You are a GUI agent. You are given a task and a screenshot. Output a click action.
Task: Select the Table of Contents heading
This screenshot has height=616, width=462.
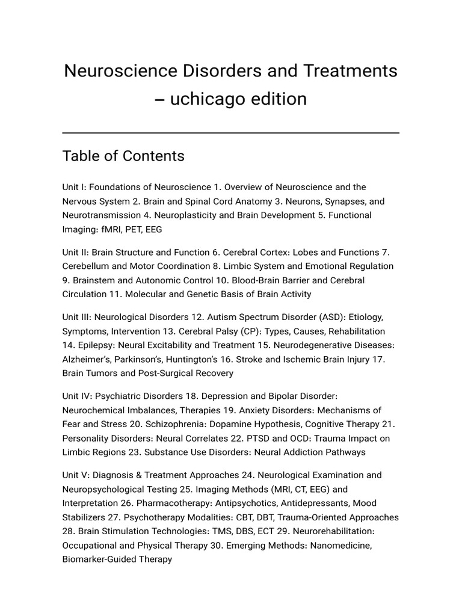pyautogui.click(x=123, y=156)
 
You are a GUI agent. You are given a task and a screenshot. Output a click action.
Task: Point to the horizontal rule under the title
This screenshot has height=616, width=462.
pyautogui.click(x=231, y=132)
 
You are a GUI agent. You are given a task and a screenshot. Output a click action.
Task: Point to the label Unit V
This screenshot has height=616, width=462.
pyautogui.click(x=76, y=475)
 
